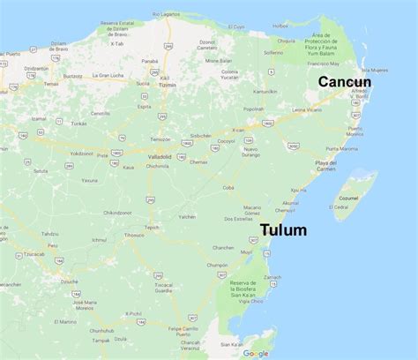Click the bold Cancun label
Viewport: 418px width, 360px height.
click(x=345, y=81)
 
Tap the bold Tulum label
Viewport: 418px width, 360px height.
click(x=283, y=230)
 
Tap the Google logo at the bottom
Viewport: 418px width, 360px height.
click(x=256, y=353)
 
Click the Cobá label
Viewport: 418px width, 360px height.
click(x=228, y=187)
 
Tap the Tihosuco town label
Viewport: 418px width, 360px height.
click(x=134, y=235)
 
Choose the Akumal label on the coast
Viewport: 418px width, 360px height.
click(x=290, y=202)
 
